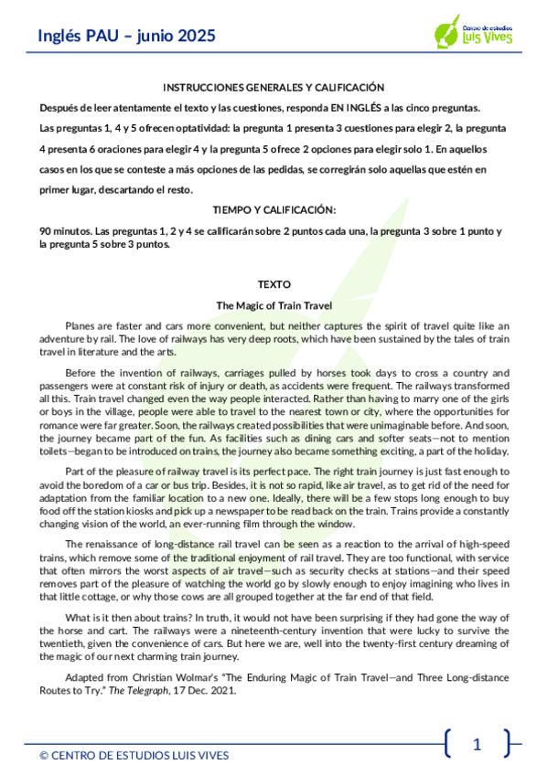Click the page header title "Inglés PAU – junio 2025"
(127, 36)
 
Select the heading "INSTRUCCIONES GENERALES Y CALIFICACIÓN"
(274, 88)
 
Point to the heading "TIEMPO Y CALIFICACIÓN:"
(274, 209)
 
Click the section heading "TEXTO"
(274, 285)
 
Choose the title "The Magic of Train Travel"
(274, 305)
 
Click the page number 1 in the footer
(476, 744)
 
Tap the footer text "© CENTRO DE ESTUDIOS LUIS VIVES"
(134, 756)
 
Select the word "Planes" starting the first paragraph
(81, 325)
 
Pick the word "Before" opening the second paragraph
(82, 373)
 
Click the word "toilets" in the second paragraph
(56, 450)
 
